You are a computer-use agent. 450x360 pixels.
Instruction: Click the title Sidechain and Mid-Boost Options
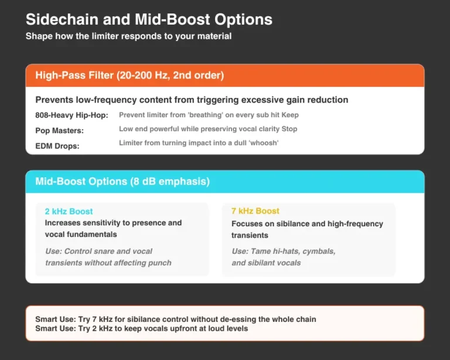click(149, 19)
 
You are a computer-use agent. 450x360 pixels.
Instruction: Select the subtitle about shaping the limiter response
click(128, 36)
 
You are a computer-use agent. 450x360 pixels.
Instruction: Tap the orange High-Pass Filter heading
click(129, 76)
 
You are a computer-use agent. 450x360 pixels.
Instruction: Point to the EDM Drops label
click(57, 145)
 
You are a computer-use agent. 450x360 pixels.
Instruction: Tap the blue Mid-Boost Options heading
click(122, 182)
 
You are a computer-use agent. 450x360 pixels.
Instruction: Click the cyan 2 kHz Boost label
click(69, 211)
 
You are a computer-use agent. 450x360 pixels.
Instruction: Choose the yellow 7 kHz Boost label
click(255, 211)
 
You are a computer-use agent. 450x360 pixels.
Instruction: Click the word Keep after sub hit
click(289, 115)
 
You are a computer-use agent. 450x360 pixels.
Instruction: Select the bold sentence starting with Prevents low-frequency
click(192, 100)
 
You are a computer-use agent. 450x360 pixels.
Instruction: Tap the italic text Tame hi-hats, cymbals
click(284, 251)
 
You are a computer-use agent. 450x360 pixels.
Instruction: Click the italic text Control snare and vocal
click(98, 251)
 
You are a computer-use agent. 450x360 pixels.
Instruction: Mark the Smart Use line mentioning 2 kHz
click(141, 328)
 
